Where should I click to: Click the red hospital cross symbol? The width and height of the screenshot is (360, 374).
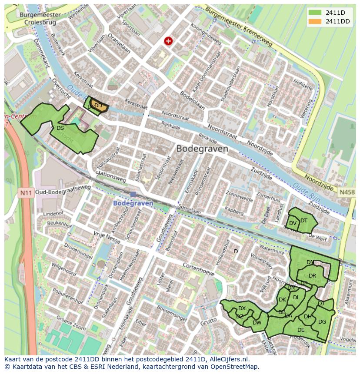(168, 41)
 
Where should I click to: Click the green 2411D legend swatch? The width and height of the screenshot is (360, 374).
(315, 13)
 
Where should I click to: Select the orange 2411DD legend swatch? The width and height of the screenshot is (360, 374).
(315, 21)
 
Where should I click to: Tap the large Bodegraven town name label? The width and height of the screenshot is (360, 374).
(202, 149)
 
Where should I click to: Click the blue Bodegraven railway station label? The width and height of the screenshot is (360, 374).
(133, 203)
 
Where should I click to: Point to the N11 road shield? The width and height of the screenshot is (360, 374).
(26, 191)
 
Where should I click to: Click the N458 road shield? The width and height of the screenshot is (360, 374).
(347, 192)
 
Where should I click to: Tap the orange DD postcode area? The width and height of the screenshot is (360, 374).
(99, 106)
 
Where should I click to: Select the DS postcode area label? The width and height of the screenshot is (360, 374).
(60, 128)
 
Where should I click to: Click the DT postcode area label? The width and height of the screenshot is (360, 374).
(304, 220)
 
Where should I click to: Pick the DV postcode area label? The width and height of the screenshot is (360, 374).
(293, 223)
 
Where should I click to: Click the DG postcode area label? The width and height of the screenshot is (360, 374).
(322, 322)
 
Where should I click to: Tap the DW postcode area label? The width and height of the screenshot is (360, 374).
(257, 322)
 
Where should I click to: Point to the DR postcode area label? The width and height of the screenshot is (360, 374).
(312, 276)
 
